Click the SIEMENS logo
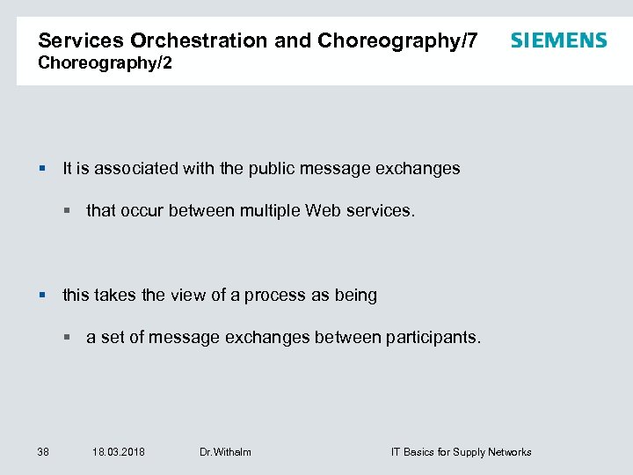point(558,40)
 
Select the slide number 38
point(43,452)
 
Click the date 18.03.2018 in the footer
point(119,452)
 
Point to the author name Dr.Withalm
point(225,452)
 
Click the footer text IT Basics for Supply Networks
point(461,452)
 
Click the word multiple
point(268,211)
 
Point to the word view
point(186,296)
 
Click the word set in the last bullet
point(113,338)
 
